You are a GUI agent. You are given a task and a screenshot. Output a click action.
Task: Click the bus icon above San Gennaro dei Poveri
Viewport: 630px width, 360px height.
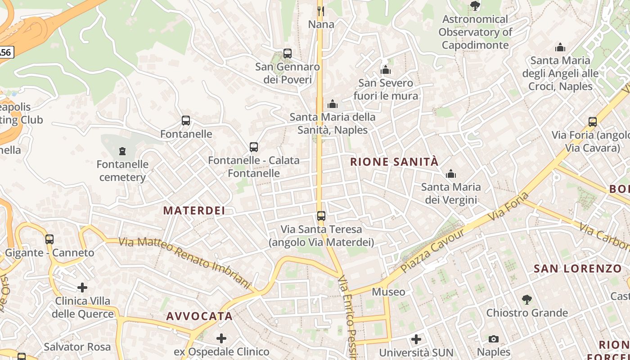[x=288, y=54]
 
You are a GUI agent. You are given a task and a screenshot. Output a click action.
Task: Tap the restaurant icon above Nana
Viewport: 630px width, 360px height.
[x=321, y=11]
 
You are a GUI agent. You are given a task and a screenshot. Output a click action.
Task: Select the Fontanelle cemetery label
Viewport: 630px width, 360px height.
[x=122, y=171]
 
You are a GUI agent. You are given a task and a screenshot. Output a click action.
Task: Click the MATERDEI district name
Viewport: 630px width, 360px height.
[x=194, y=211]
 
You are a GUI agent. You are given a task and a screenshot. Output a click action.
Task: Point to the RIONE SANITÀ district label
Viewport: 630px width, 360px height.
[x=394, y=162]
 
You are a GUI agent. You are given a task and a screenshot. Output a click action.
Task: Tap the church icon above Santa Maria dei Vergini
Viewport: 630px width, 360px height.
[x=451, y=174]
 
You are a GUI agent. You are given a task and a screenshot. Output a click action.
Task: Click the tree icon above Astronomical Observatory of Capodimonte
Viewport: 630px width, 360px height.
[x=475, y=6]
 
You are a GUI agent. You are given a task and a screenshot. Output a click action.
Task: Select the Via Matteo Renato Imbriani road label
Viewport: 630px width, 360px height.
[x=184, y=262]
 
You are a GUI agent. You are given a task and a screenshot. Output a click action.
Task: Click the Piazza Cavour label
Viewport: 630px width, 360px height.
[x=432, y=251]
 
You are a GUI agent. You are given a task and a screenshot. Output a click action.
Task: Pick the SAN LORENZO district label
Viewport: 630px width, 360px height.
[x=578, y=269]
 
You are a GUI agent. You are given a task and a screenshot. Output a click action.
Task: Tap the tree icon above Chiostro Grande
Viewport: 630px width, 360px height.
[x=527, y=299]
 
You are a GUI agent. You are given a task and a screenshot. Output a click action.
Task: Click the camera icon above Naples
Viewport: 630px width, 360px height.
[x=494, y=339]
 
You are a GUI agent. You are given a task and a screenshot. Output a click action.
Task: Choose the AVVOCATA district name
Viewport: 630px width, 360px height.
[x=199, y=316]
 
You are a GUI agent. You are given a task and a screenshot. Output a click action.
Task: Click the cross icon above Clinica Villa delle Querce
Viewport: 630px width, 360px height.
[x=82, y=287]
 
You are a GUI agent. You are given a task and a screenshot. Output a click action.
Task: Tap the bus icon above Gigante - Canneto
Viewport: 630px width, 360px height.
[x=49, y=239]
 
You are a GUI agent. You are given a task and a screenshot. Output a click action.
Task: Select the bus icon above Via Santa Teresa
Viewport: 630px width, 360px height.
[x=321, y=216]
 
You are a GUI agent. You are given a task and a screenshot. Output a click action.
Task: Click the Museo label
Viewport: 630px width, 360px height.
[x=388, y=292]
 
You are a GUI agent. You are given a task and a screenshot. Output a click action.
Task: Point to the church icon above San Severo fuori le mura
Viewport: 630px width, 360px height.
[x=386, y=70]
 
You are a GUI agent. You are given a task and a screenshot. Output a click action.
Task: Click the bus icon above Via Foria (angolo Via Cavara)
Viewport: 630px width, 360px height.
[x=593, y=122]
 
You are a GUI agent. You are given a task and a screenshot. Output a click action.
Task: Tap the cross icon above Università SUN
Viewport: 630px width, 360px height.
[x=416, y=339]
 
